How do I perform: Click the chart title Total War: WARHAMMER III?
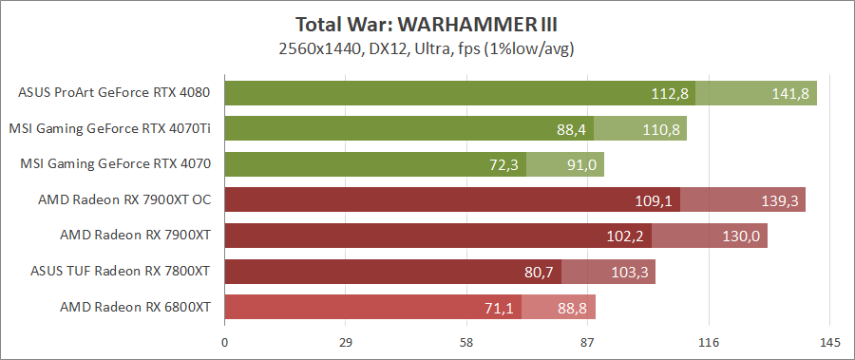click(x=427, y=23)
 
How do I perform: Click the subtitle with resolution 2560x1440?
click(x=427, y=47)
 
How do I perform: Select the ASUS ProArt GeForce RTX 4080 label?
click(x=114, y=92)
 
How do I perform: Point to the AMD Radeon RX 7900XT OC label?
click(x=123, y=199)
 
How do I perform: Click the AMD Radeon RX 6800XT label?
click(x=134, y=307)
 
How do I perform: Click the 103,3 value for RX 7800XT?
click(x=629, y=273)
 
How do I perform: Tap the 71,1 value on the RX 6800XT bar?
click(x=499, y=308)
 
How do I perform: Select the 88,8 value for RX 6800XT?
click(x=573, y=308)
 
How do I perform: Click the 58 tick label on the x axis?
click(x=466, y=342)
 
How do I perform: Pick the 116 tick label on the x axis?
click(x=709, y=342)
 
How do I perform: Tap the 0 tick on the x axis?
click(x=224, y=342)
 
